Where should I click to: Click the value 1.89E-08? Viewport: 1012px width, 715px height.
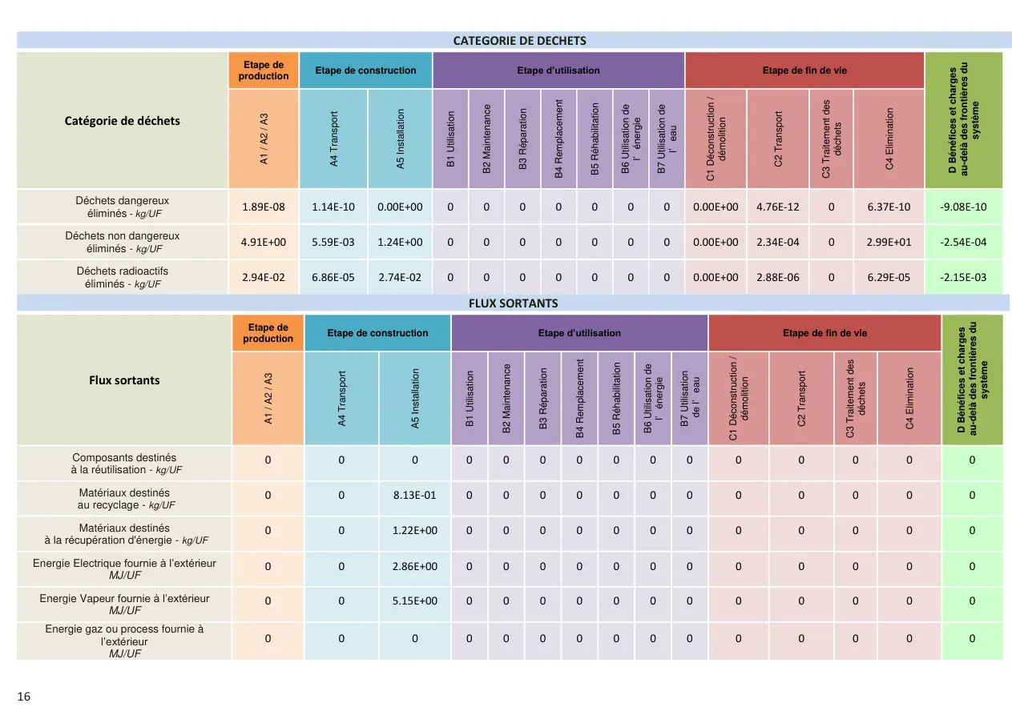(264, 207)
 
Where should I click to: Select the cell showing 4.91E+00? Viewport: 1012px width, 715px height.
(264, 243)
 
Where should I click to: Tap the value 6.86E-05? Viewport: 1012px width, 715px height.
(333, 278)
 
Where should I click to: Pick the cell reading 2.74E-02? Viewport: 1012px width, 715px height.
(400, 278)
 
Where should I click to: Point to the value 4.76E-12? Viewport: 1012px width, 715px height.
(777, 207)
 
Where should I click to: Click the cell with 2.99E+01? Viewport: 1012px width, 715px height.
(889, 243)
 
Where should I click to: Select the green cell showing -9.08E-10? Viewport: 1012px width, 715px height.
(963, 207)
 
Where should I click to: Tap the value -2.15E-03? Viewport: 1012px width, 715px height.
(963, 278)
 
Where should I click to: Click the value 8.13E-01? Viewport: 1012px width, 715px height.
(415, 495)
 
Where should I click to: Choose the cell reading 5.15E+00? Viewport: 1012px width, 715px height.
(415, 601)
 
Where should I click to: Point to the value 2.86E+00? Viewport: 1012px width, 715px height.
(415, 566)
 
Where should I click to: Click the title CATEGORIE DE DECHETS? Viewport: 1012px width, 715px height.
(519, 41)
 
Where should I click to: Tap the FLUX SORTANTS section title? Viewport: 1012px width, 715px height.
(514, 303)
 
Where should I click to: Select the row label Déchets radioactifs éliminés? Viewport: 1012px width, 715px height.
(122, 277)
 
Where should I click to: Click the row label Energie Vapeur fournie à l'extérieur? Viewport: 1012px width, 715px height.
(124, 604)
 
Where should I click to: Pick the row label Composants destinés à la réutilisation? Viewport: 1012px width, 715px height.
(124, 464)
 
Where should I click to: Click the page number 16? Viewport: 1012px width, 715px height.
(23, 697)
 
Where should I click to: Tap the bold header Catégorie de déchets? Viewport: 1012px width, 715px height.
(122, 121)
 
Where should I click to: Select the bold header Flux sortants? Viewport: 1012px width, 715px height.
(124, 380)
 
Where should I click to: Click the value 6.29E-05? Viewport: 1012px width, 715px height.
(889, 278)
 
